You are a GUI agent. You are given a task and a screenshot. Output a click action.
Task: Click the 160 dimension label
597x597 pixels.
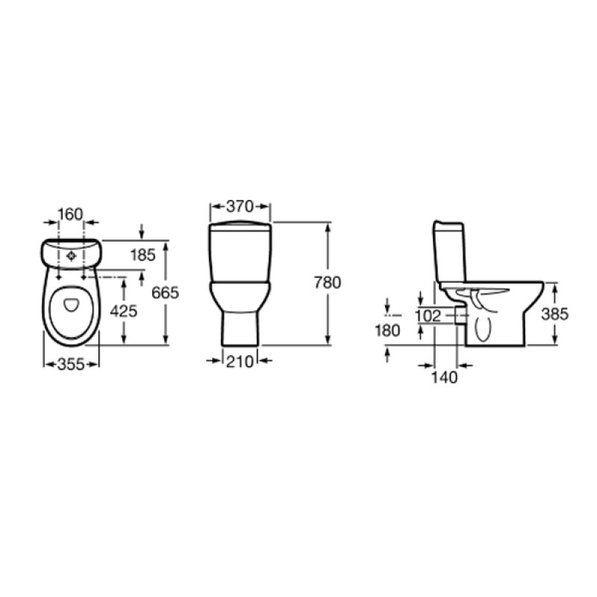click(x=69, y=214)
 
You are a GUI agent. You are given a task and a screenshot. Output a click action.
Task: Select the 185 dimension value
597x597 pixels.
click(x=143, y=255)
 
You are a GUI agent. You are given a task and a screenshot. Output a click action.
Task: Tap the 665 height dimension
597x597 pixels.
click(x=165, y=293)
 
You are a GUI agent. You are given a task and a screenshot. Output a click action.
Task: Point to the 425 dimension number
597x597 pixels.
click(x=124, y=311)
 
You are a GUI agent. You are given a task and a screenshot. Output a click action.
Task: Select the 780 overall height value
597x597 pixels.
click(x=328, y=283)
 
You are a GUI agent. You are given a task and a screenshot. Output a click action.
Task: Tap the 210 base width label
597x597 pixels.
click(x=240, y=362)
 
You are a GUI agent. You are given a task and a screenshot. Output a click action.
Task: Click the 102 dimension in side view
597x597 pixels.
click(x=427, y=316)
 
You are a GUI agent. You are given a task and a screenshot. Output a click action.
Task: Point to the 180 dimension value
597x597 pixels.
click(x=388, y=330)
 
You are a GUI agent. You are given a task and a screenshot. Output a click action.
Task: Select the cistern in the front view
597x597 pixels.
click(x=240, y=254)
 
